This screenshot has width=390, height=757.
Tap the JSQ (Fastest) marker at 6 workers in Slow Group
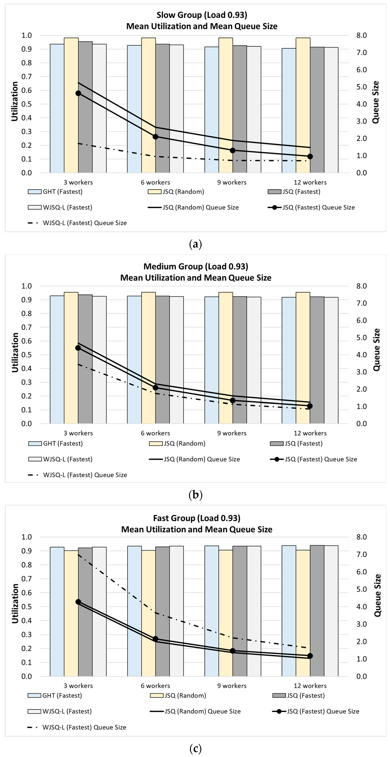pyautogui.click(x=155, y=137)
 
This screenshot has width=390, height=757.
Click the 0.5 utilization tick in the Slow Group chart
pyautogui.click(x=26, y=104)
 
